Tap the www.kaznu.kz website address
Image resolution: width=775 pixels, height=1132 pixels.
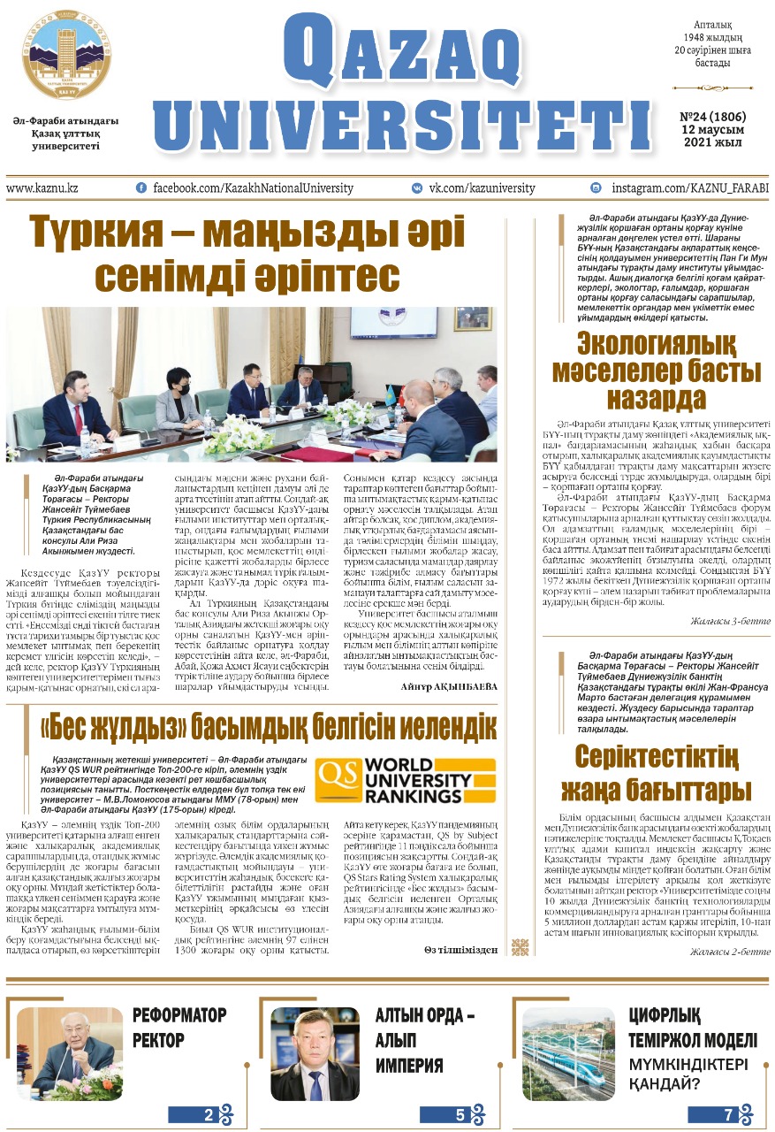point(42,188)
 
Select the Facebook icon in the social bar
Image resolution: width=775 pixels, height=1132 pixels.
point(141,188)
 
